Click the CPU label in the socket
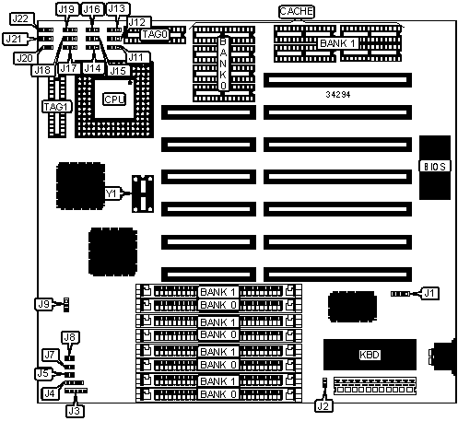coord(114,99)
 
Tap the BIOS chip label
coord(435,166)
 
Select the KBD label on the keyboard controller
coord(370,355)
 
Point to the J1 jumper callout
coord(429,293)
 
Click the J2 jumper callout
coord(323,406)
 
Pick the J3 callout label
coord(75,411)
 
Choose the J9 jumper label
coord(43,304)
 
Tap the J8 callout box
coord(69,337)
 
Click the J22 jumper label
coord(20,19)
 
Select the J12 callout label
coord(136,22)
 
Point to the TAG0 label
coord(155,34)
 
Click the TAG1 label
coord(57,107)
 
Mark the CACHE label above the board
coord(297,12)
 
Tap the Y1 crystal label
coord(111,193)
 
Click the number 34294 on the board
coord(338,95)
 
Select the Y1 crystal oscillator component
coord(143,193)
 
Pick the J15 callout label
coord(118,71)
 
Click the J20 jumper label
coord(25,58)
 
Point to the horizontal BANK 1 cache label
coord(338,43)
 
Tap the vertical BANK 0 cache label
coord(223,64)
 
